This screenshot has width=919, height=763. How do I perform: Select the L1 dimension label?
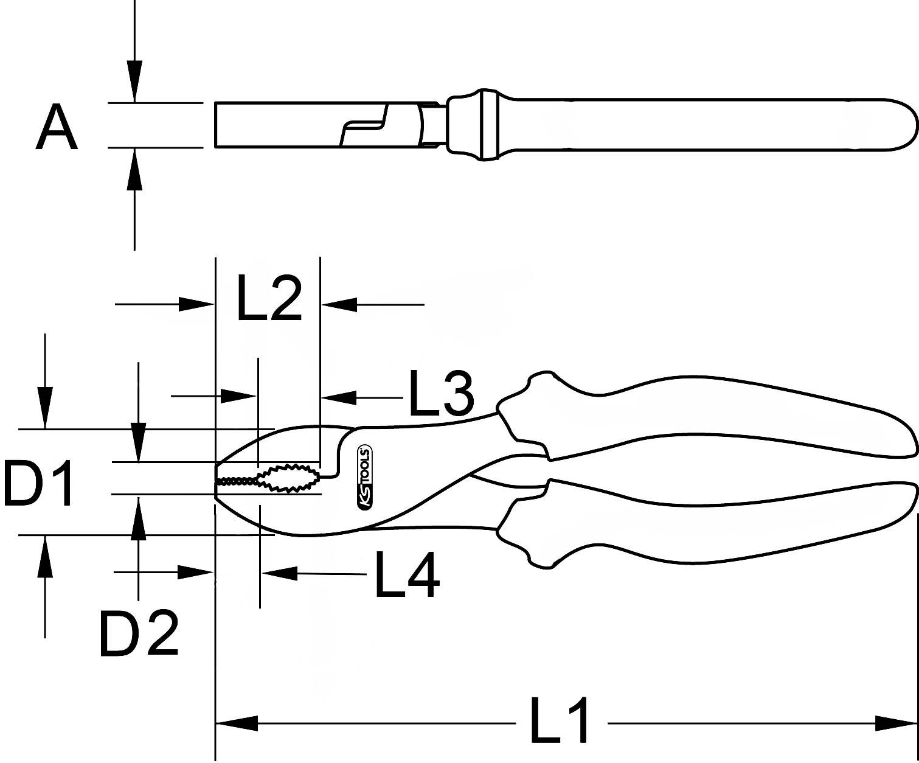pos(560,722)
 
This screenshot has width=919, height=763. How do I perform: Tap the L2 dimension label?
pos(268,299)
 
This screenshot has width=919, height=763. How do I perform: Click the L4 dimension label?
pos(406,576)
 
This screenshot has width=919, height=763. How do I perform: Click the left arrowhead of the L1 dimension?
pos(237,723)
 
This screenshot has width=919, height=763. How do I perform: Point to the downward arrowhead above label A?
pos(134,80)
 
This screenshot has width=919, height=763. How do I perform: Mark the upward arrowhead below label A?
pos(134,170)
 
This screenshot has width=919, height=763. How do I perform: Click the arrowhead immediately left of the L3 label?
pos(339,397)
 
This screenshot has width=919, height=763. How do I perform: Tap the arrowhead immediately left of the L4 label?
pos(280,573)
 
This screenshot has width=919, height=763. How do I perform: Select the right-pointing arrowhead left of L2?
pos(196,304)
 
